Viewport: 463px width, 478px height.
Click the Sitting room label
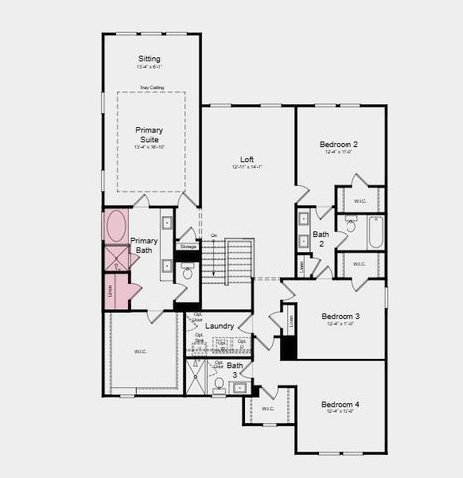pyautogui.click(x=149, y=60)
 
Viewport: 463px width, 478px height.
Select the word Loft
pyautogui.click(x=247, y=159)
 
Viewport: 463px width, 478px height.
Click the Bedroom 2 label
pyautogui.click(x=340, y=144)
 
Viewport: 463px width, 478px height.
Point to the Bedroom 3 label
pyautogui.click(x=340, y=316)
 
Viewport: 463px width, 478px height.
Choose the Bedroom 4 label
pyautogui.click(x=340, y=405)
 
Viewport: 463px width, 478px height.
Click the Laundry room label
pyautogui.click(x=220, y=326)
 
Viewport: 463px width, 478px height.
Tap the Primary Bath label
pyautogui.click(x=144, y=246)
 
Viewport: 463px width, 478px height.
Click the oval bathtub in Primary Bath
pyautogui.click(x=116, y=225)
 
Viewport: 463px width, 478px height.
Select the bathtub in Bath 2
pyautogui.click(x=376, y=233)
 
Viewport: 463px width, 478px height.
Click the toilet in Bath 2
pyautogui.click(x=350, y=227)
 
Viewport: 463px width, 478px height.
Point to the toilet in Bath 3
pyautogui.click(x=219, y=384)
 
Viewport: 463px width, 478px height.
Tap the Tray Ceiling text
pyautogui.click(x=151, y=88)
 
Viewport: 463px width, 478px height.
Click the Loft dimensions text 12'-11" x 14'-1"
pyautogui.click(x=247, y=167)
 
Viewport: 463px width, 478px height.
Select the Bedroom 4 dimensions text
pyautogui.click(x=340, y=413)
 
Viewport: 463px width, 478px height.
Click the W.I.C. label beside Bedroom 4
pyautogui.click(x=268, y=408)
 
